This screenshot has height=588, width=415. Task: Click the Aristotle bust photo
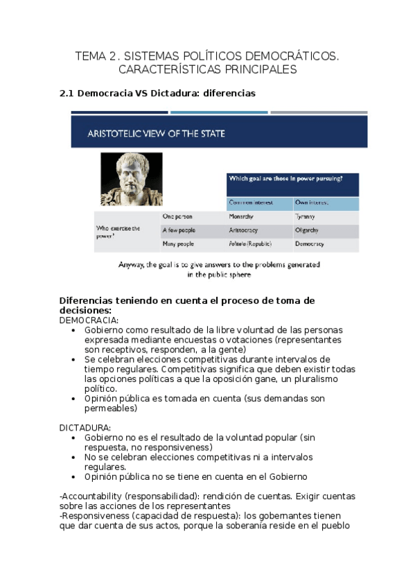click(x=132, y=179)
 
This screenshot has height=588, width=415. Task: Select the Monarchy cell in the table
click(x=240, y=216)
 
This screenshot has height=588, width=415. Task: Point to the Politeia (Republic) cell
click(x=250, y=244)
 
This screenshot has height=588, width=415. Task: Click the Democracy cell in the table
click(x=310, y=244)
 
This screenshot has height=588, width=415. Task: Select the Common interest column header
click(x=250, y=202)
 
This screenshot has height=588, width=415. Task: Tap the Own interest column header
click(x=311, y=202)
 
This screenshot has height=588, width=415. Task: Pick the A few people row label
click(x=179, y=230)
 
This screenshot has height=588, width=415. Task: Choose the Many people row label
click(x=178, y=244)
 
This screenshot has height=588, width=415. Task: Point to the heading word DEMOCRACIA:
click(x=89, y=320)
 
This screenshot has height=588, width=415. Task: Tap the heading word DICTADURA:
click(x=85, y=428)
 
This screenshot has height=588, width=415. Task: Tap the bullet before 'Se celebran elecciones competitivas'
click(x=74, y=360)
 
